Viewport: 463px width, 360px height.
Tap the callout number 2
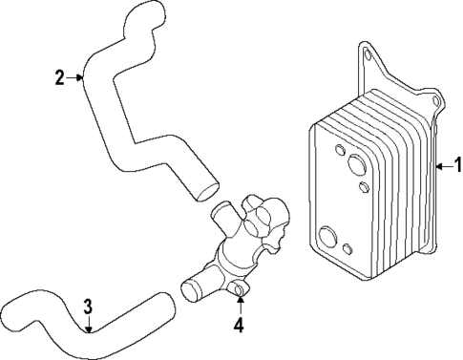tap(59, 77)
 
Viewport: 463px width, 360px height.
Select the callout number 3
tap(87, 307)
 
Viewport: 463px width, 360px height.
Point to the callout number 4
tap(241, 325)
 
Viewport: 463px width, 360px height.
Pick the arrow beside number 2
tap(75, 77)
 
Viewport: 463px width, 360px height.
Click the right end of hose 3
tap(169, 304)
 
